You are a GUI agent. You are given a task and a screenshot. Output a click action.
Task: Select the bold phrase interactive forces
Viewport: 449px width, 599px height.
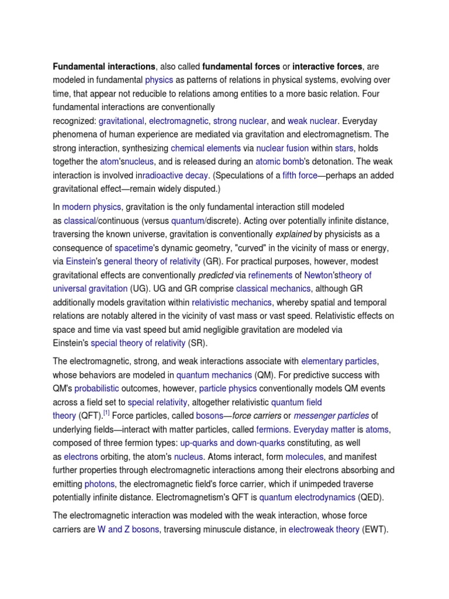(327, 67)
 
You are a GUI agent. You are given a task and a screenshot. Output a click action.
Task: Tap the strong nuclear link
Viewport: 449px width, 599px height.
(240, 121)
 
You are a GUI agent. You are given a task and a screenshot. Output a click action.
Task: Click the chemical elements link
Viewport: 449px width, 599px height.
(206, 149)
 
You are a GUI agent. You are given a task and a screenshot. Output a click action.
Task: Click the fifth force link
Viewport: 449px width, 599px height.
(298, 175)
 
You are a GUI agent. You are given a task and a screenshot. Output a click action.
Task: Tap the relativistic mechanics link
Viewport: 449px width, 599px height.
(232, 302)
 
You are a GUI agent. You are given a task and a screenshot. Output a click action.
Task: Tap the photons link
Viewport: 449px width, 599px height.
(101, 484)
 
